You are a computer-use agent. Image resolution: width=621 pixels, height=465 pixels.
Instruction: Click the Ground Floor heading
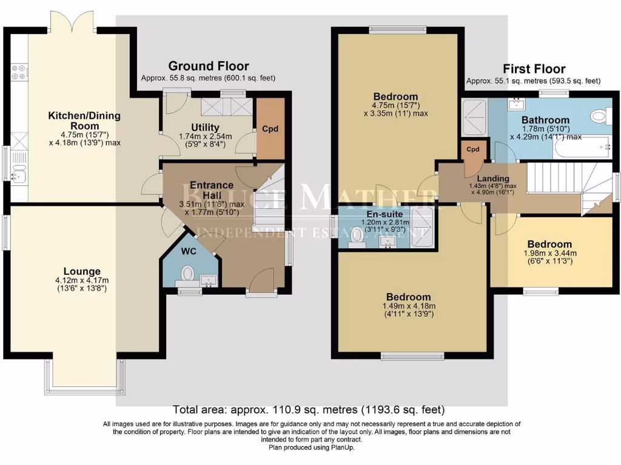208,66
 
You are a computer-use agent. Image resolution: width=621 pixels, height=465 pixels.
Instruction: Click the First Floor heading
533,69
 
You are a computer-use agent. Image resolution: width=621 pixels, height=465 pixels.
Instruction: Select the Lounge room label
82,271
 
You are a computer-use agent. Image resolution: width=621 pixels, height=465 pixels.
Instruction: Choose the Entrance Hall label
211,190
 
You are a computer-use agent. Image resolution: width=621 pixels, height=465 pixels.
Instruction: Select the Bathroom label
545,120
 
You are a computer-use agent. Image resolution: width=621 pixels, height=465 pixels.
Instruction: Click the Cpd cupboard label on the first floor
473,149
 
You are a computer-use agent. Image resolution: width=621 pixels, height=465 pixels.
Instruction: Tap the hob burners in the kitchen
19,72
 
